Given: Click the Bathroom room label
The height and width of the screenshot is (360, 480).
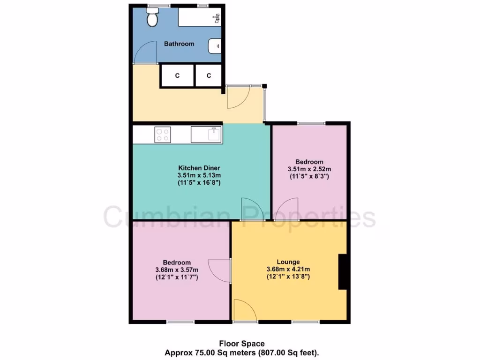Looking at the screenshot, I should (x=179, y=44).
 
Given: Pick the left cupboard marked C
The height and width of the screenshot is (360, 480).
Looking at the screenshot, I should (x=177, y=75).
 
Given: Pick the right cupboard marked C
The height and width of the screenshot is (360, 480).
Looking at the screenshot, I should (x=209, y=75).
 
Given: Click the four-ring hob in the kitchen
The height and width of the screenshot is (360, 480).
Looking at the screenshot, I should (x=162, y=135).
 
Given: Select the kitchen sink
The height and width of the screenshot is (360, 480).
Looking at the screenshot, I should (x=207, y=135).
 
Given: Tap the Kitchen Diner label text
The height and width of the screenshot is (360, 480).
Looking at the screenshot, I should (x=199, y=168).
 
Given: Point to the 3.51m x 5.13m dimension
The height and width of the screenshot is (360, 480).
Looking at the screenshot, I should (x=199, y=175).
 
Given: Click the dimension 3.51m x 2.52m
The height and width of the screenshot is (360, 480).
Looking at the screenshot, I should (x=309, y=169).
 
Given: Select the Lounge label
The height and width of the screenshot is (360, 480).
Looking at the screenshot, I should (x=288, y=262).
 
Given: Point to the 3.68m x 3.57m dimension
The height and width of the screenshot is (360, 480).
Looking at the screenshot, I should (x=177, y=270).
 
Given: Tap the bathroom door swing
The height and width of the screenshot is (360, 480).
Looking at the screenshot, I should (x=144, y=52).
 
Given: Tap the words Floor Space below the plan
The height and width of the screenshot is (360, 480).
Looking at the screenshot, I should (x=239, y=344).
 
